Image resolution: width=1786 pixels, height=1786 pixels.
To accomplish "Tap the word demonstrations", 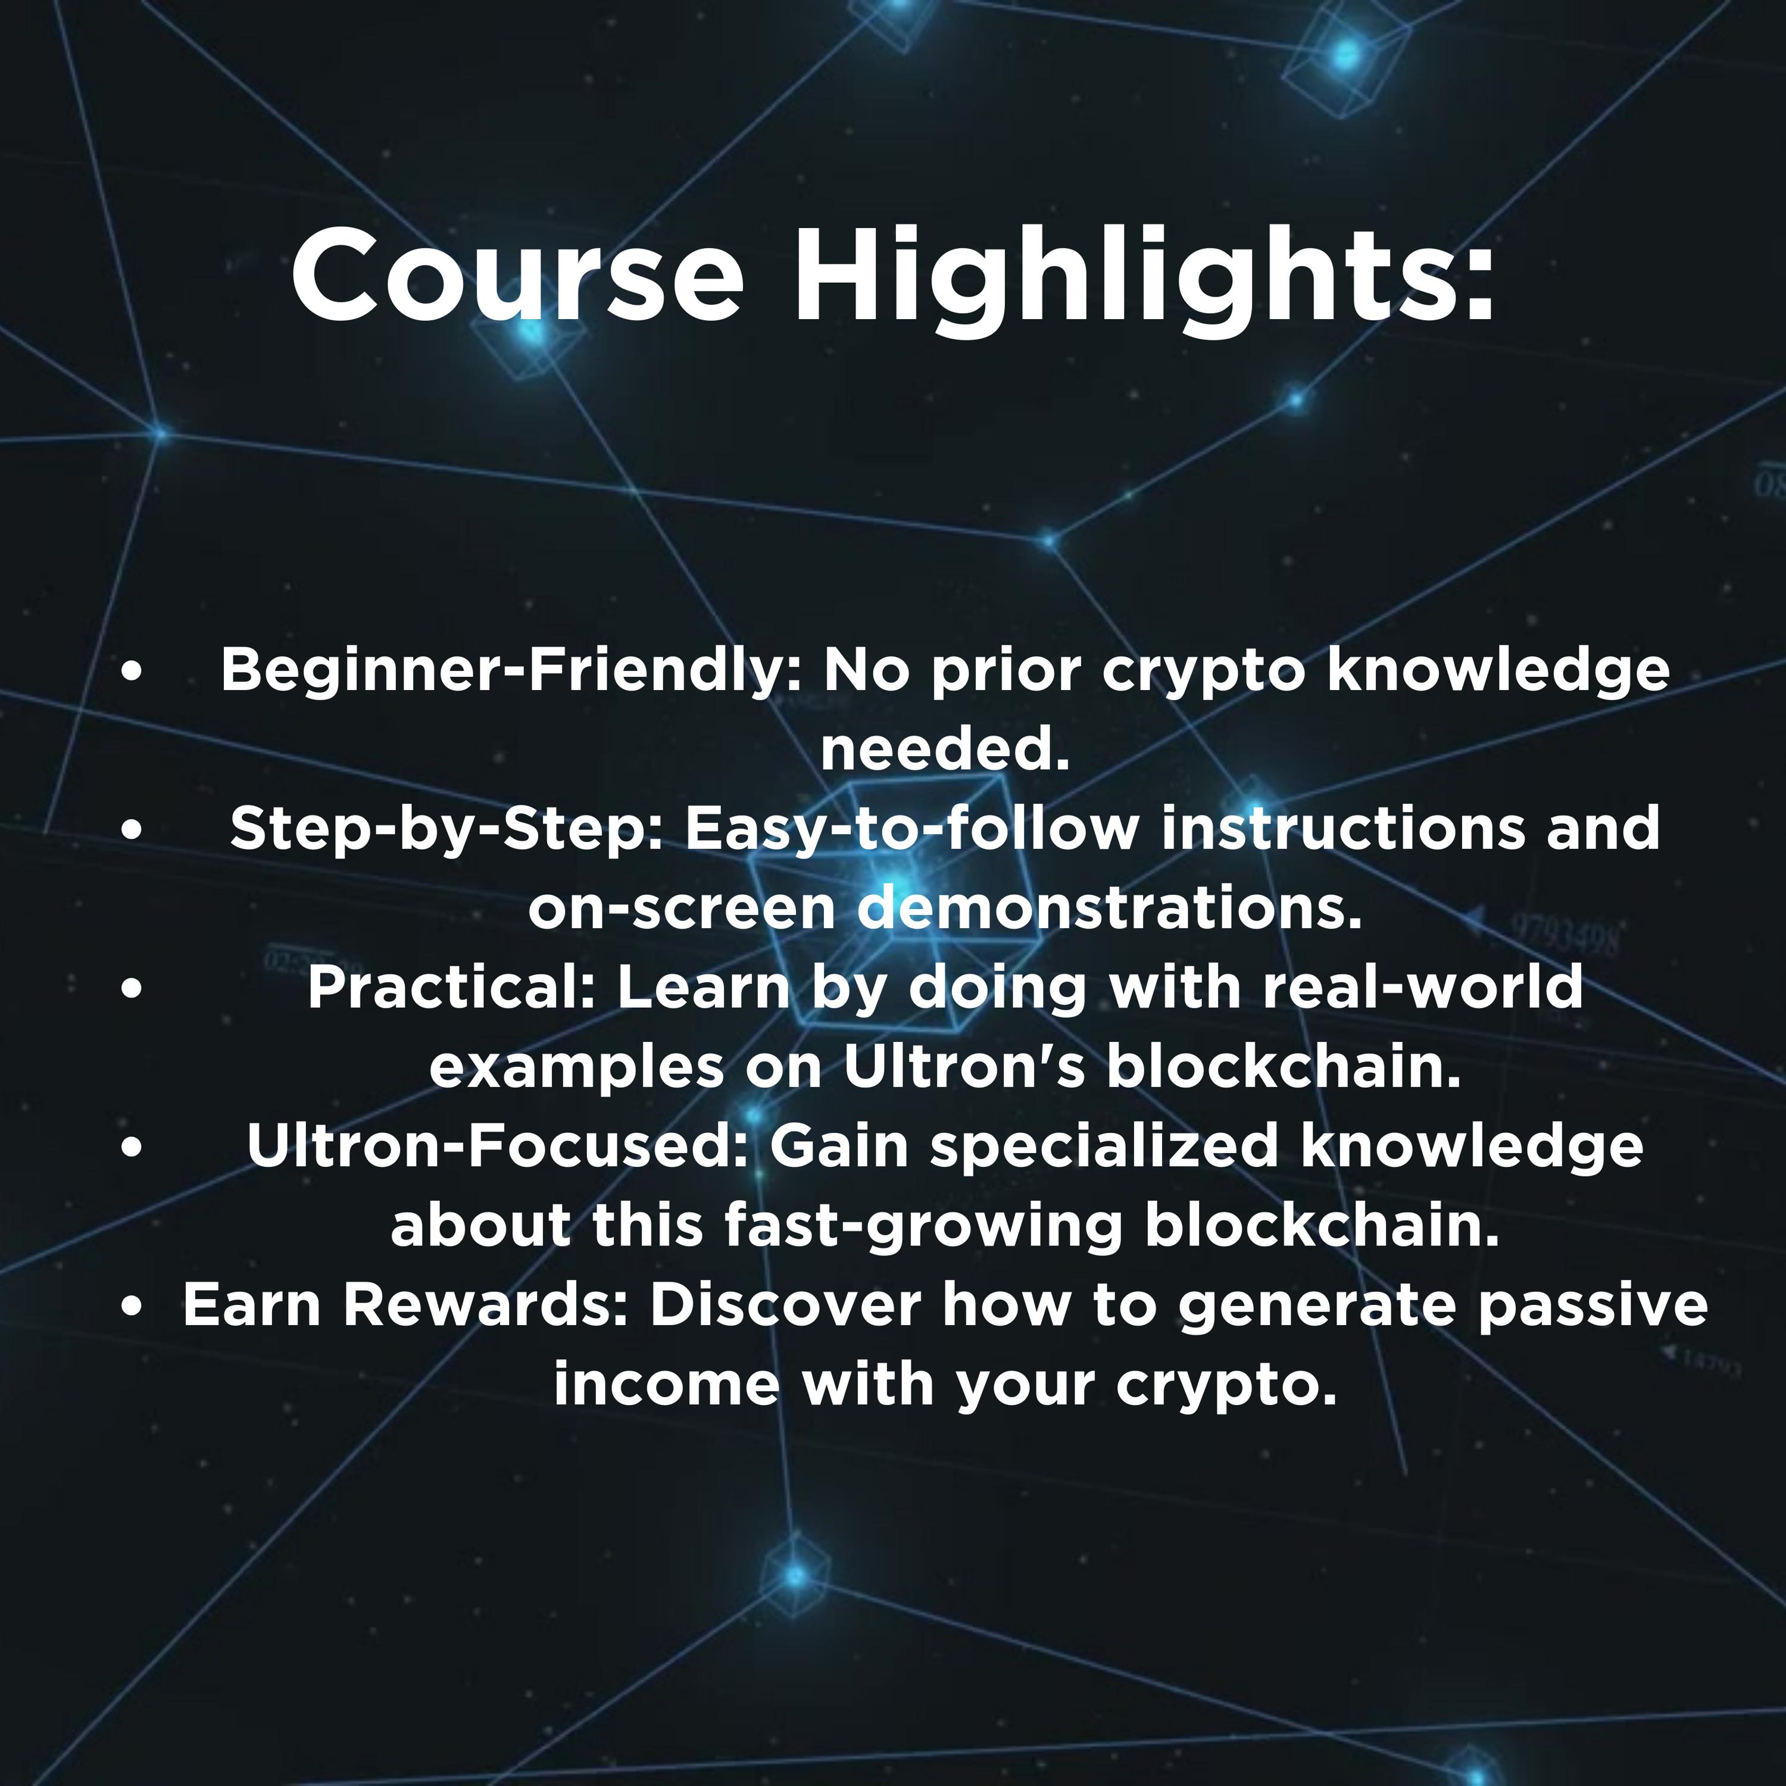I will (x=1109, y=908).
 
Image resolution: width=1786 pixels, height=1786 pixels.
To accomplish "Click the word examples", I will (x=577, y=1067).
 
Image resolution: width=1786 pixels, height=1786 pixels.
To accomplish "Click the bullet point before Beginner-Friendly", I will (x=132, y=672).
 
